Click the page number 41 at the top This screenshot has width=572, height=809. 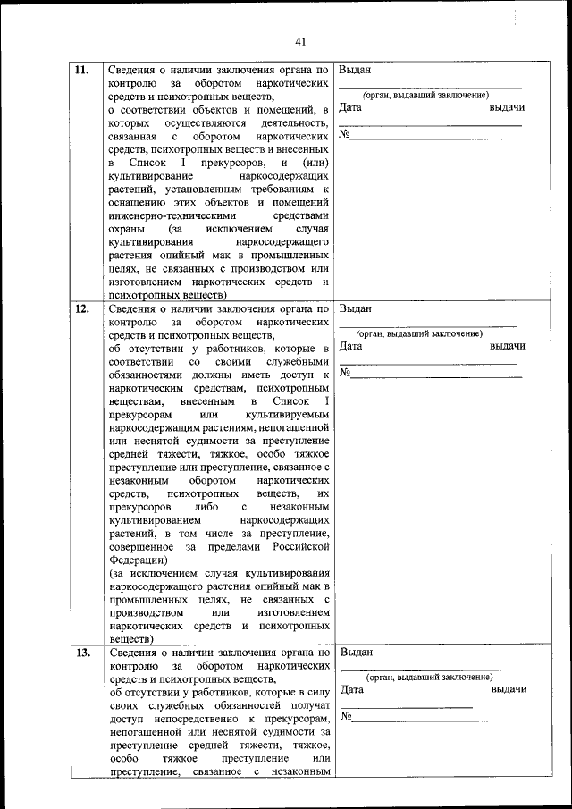point(299,42)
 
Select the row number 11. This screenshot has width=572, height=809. point(81,71)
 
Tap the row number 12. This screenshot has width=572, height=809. point(81,310)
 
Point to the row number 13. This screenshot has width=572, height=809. point(82,653)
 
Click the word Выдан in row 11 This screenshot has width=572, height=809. point(356,71)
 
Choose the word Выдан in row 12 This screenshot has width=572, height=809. point(356,309)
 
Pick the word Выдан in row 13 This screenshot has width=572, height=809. point(357,653)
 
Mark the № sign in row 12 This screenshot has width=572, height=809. point(345,373)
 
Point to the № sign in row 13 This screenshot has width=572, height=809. point(346,717)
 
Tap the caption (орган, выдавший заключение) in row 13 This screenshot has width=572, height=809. point(430,677)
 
